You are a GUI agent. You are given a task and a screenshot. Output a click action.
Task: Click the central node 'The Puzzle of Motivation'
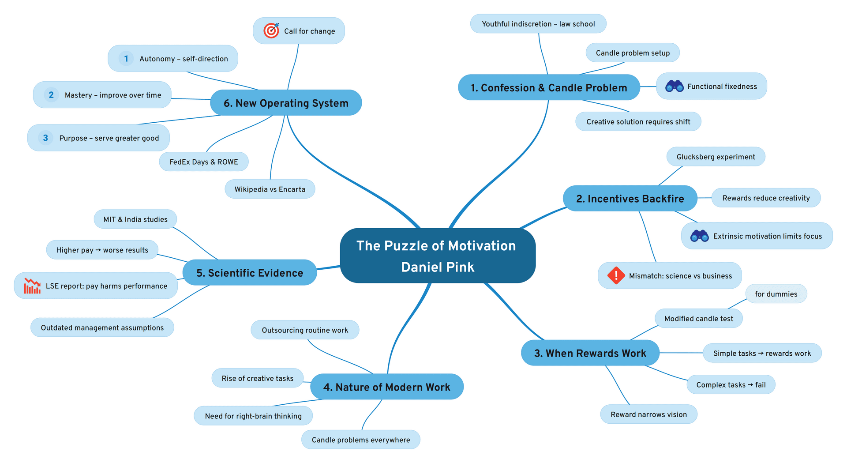coord(436,246)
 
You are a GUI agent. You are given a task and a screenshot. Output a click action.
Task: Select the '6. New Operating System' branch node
coord(286,103)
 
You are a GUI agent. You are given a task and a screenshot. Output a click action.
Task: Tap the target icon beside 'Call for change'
coord(271,30)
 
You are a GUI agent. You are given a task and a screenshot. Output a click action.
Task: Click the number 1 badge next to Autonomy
coord(126,58)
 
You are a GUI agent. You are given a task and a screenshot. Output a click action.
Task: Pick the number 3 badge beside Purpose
coord(45,138)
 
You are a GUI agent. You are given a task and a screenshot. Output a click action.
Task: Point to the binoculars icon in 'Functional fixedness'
coord(674,86)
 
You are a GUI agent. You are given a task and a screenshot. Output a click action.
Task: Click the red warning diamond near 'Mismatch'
coord(616,275)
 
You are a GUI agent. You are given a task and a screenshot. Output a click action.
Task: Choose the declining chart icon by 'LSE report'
coord(32,286)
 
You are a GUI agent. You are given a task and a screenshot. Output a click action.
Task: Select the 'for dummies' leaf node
coord(776,294)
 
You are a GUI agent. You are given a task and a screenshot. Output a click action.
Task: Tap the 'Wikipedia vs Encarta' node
coord(270,189)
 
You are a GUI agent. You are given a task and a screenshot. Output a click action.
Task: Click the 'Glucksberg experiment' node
coord(716,157)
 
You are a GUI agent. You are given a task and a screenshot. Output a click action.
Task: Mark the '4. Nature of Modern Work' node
coord(387,387)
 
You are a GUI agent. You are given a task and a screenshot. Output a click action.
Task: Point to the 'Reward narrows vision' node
coord(648,414)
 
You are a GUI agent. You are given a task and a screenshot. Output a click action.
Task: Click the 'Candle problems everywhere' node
coord(361,440)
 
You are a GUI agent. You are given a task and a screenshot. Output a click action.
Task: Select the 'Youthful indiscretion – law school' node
coord(538,24)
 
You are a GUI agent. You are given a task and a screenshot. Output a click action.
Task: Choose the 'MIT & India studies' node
coord(135,219)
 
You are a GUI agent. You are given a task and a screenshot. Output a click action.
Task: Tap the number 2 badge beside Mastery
coord(51,94)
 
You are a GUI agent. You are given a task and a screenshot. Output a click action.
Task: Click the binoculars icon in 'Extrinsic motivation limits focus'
coord(699,236)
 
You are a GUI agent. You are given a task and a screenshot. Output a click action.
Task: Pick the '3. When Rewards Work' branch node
coord(590,353)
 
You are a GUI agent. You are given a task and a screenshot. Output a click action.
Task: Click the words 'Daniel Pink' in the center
coord(438,267)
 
